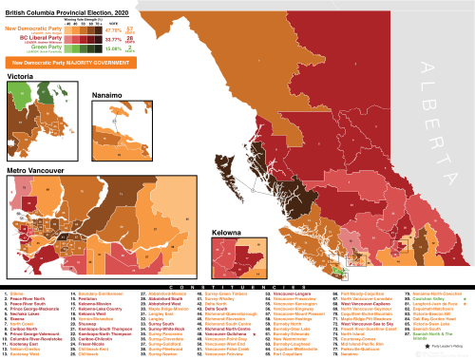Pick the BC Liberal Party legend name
(28, 38)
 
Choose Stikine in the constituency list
(18, 294)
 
